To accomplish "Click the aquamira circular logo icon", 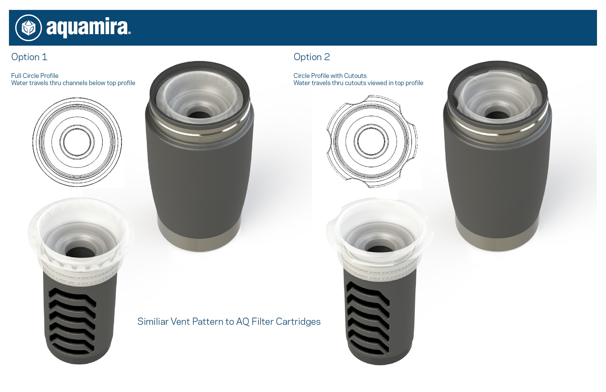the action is [28, 28].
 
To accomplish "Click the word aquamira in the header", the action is [88, 28].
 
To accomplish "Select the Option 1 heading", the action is [29, 57].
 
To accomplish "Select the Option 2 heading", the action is [312, 57].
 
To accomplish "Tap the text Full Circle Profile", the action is [35, 76].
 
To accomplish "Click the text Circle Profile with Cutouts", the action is [330, 76].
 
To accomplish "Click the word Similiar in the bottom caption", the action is [153, 322].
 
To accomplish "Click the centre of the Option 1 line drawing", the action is [77, 142].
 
